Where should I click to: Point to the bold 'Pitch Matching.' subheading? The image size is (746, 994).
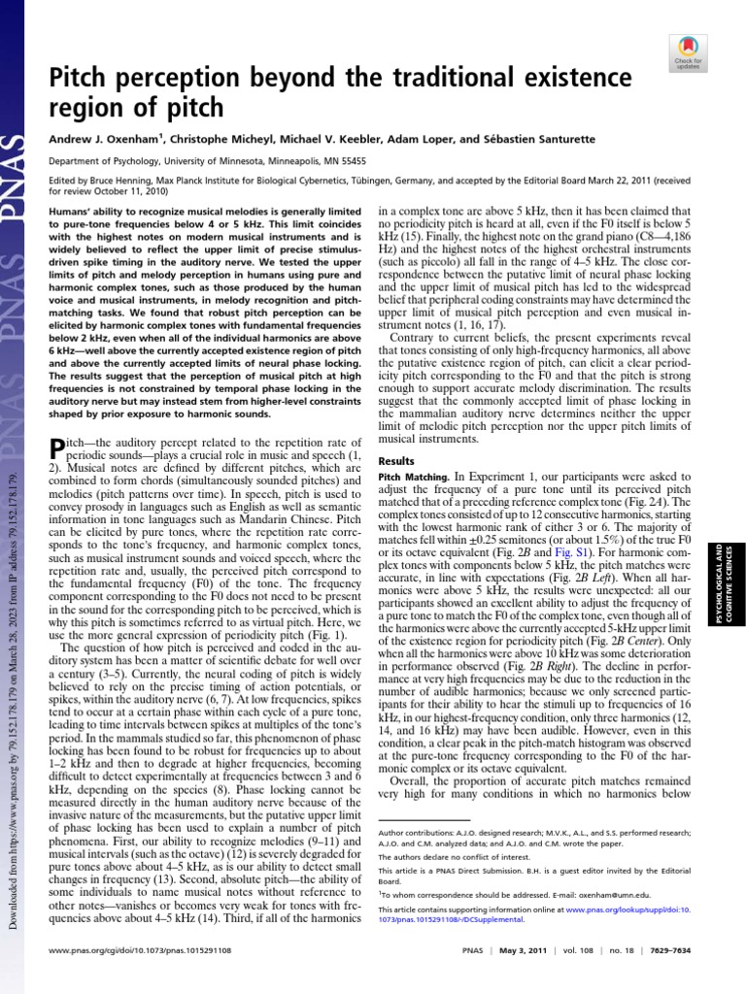[412, 478]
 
